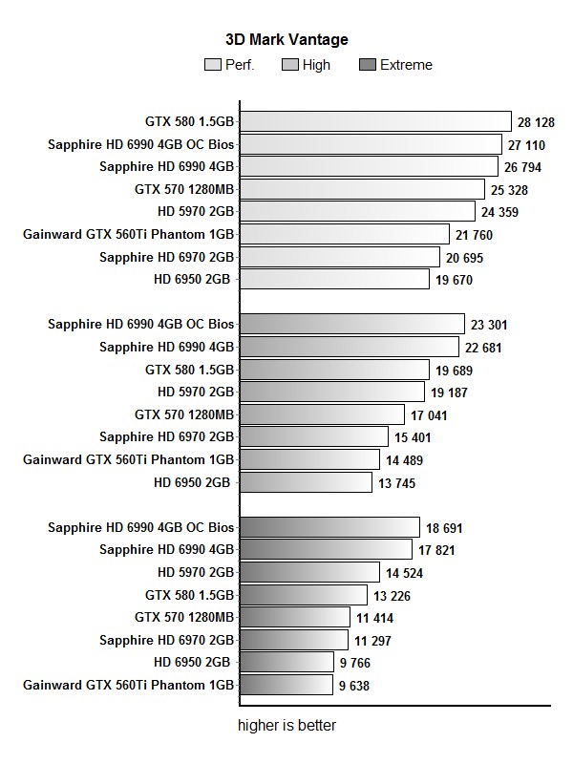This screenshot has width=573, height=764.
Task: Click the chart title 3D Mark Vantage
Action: (x=286, y=40)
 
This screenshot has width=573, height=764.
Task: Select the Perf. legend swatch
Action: (x=213, y=65)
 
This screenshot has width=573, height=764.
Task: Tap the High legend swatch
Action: (x=291, y=65)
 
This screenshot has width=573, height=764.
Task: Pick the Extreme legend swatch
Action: (x=368, y=65)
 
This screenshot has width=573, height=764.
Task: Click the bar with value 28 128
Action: (x=375, y=121)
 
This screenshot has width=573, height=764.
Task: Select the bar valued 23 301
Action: (x=351, y=324)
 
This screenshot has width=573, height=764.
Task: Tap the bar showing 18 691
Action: (x=329, y=527)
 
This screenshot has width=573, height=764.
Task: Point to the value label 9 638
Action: (x=353, y=686)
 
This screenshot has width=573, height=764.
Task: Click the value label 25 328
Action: (x=505, y=190)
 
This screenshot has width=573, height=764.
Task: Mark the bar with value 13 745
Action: (x=306, y=482)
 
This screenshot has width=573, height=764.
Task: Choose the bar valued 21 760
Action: (x=344, y=234)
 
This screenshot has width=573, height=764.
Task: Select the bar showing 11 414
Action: (x=294, y=617)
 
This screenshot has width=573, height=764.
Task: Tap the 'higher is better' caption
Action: (x=286, y=726)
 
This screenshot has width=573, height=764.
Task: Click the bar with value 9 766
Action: (x=293, y=662)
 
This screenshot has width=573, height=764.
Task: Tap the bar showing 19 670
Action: (x=334, y=279)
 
